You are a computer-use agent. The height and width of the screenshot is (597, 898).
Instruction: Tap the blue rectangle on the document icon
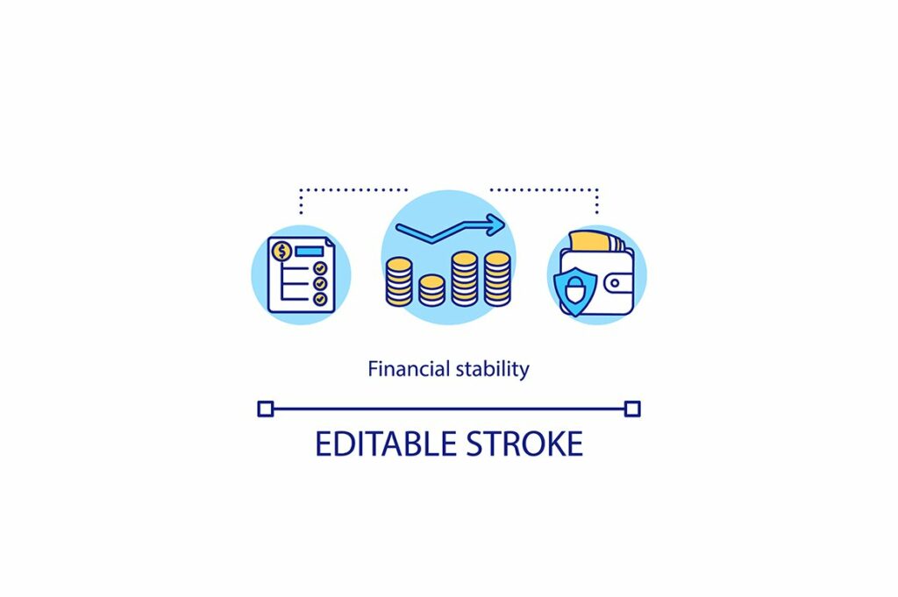(x=308, y=252)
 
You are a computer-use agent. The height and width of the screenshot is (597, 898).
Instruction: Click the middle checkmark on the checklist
(x=320, y=284)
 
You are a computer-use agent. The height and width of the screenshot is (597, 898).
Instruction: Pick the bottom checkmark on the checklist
(x=320, y=299)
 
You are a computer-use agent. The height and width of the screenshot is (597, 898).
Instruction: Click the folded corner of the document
(x=328, y=241)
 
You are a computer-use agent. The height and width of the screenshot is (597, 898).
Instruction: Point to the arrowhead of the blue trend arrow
(x=497, y=225)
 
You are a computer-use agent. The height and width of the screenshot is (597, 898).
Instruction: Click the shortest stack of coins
(x=431, y=290)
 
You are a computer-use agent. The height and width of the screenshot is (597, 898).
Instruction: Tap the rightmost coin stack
(x=497, y=278)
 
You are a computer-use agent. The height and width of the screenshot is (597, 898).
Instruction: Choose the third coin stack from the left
(x=465, y=278)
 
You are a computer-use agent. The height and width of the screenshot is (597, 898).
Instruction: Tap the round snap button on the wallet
(x=620, y=284)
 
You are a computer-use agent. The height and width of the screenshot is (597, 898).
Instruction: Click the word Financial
(x=409, y=369)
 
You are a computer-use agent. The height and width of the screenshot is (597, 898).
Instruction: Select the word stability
(x=492, y=369)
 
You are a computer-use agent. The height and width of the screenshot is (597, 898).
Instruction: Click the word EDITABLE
(x=388, y=444)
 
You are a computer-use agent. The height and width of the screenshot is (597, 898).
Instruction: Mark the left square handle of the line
(x=266, y=409)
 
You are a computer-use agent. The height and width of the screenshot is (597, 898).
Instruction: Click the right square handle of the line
(x=632, y=409)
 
